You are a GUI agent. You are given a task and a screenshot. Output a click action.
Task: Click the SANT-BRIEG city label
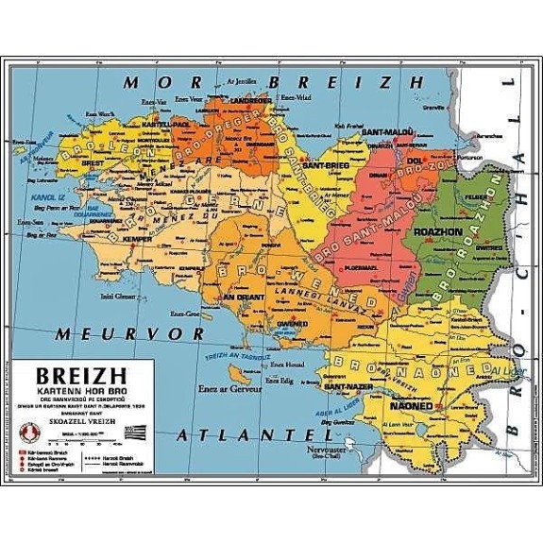point(321,166)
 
